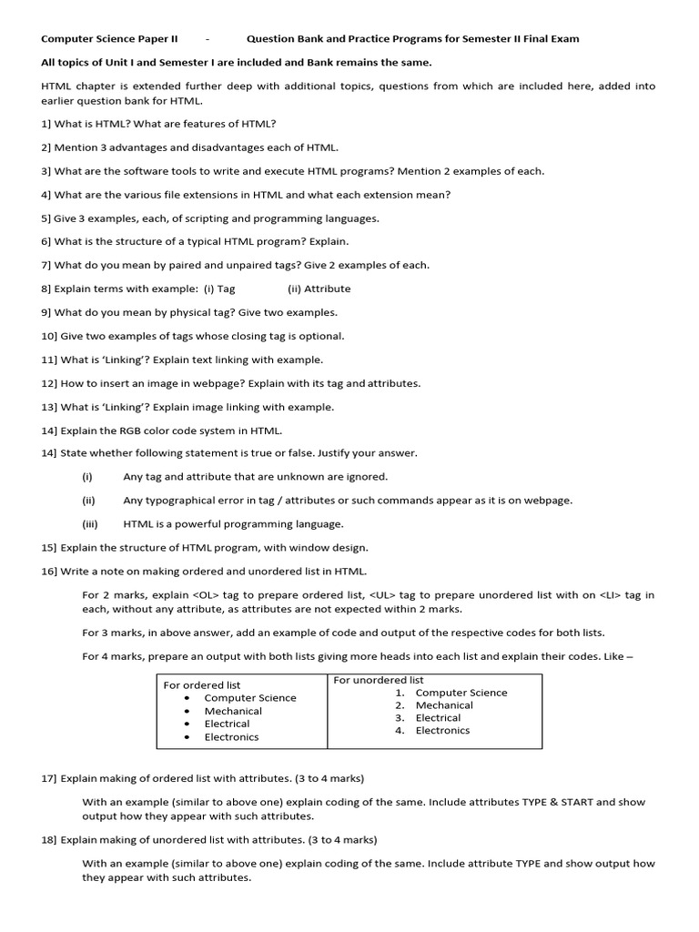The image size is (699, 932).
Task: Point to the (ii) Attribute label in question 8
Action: (x=319, y=289)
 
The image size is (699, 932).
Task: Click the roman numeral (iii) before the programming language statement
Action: (x=88, y=524)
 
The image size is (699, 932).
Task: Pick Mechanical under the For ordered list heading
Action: (x=233, y=711)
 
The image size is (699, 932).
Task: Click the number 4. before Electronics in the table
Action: (x=400, y=730)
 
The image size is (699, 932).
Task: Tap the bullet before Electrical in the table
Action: (x=187, y=724)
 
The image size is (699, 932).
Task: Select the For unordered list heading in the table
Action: (x=379, y=680)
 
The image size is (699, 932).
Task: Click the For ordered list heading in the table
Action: (x=201, y=684)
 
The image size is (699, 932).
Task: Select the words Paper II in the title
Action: (x=156, y=39)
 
